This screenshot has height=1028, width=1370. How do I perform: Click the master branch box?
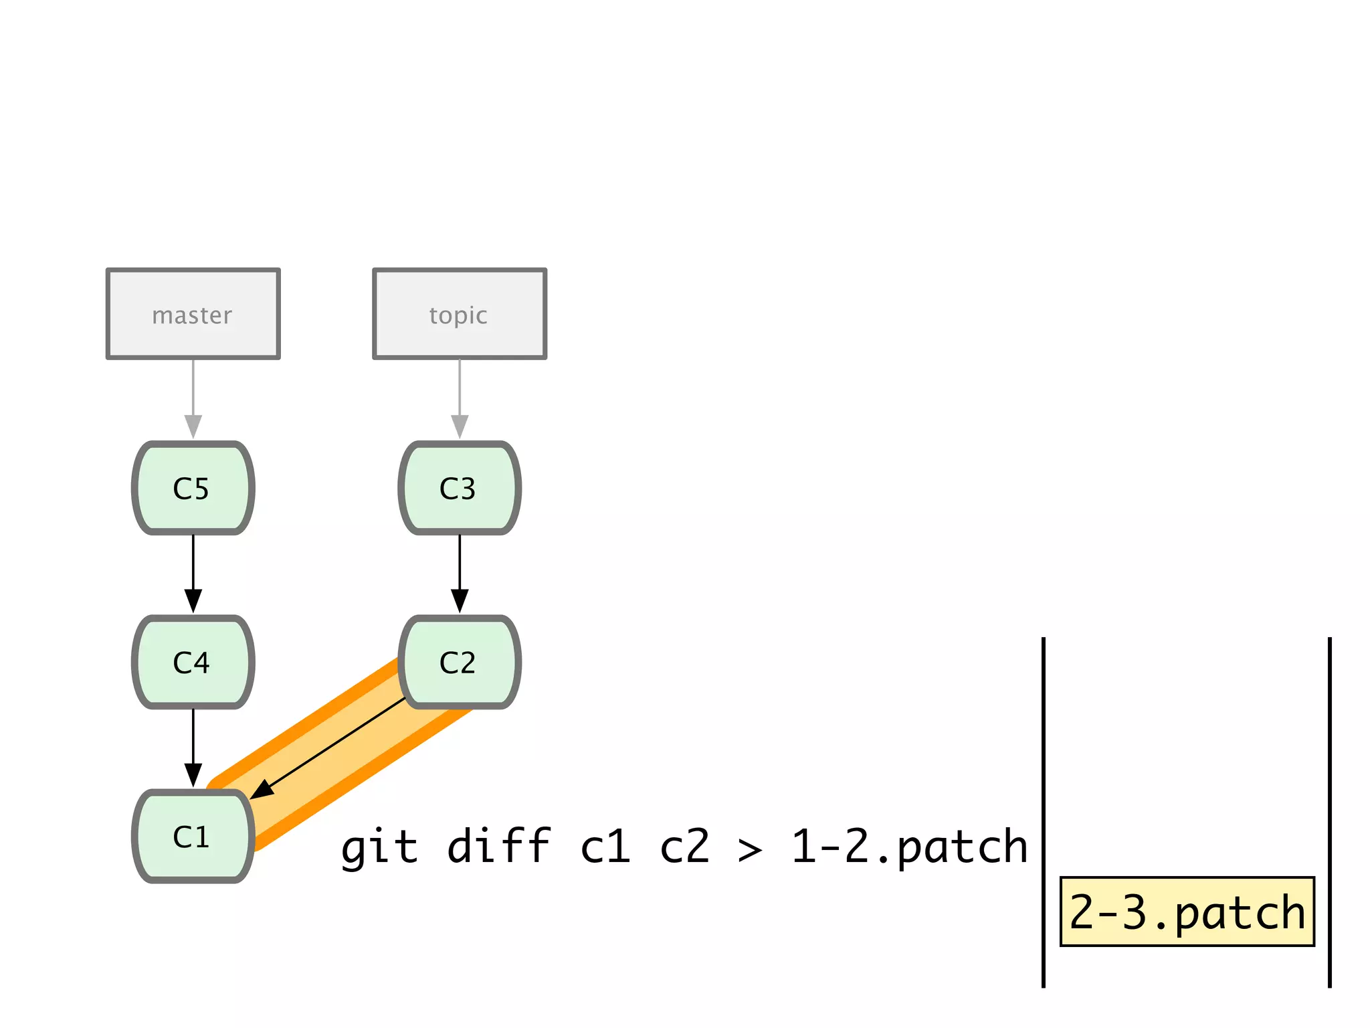[x=193, y=314]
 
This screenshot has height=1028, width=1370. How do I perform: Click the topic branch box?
[x=459, y=314]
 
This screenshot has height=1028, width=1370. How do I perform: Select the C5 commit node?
[x=193, y=488]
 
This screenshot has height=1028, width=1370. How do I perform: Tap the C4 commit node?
[x=193, y=662]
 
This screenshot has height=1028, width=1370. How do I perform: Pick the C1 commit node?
[x=193, y=836]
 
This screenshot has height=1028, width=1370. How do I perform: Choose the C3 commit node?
[x=459, y=488]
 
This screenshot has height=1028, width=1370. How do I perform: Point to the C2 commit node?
[x=459, y=662]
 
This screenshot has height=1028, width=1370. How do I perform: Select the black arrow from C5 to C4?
[x=193, y=572]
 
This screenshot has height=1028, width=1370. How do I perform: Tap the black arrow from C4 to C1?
[x=193, y=746]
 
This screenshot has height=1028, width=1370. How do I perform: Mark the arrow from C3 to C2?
[x=460, y=572]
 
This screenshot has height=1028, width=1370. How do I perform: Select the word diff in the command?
[x=498, y=846]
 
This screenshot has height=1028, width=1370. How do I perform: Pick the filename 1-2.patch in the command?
[x=909, y=846]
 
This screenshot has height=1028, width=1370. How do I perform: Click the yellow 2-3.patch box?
[x=1187, y=912]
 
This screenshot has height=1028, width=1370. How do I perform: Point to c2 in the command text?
[x=684, y=846]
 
